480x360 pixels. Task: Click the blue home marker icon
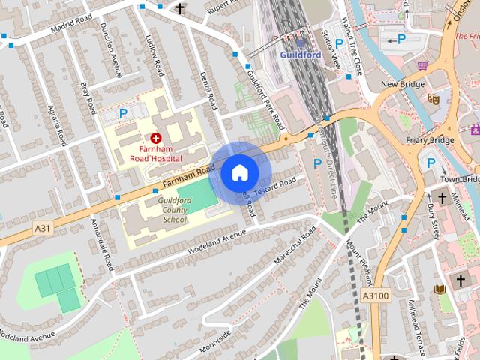[239, 172]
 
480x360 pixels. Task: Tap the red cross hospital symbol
[156, 138]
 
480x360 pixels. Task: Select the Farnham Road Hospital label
[155, 154]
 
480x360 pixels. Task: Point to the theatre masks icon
[433, 98]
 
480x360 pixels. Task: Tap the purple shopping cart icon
[423, 65]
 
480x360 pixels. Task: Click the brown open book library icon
[440, 289]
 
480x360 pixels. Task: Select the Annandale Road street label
[103, 244]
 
